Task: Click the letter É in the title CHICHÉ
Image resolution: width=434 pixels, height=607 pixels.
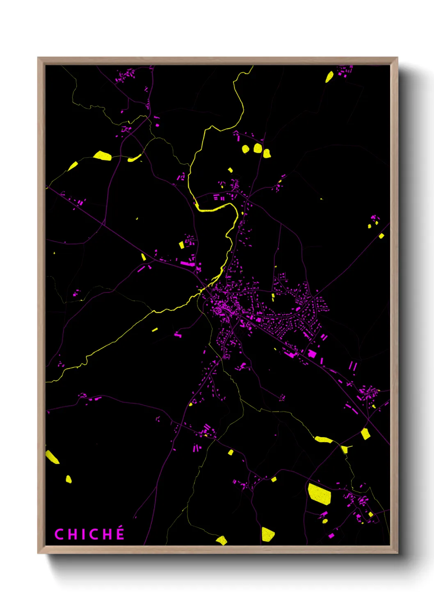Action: pos(120,534)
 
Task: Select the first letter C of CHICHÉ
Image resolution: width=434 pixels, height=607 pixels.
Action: pos(59,534)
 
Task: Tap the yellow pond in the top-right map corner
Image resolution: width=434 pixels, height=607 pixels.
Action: pos(329,77)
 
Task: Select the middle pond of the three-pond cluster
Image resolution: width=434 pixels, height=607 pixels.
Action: pos(258,148)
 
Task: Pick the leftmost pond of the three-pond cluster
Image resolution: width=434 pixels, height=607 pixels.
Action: pos(245,149)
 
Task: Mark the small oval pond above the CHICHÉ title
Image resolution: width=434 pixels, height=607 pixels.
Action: pos(69,479)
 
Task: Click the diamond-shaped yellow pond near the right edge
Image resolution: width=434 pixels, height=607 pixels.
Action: pos(365,434)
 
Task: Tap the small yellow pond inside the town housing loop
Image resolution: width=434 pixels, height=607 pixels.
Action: pos(273,296)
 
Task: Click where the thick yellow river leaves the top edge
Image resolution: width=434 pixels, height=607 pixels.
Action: pos(251,67)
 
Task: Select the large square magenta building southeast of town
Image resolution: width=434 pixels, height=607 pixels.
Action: pos(312,353)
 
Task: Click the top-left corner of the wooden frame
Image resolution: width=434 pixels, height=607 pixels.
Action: pos(38,58)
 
